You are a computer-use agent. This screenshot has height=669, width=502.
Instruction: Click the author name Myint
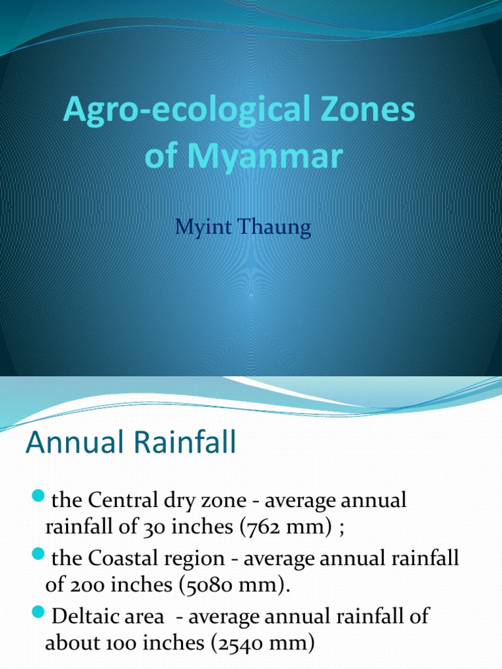[201, 230]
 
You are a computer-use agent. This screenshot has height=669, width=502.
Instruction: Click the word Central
[124, 501]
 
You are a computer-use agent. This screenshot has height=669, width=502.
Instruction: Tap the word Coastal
[122, 559]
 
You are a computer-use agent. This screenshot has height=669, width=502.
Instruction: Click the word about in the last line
[68, 643]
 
